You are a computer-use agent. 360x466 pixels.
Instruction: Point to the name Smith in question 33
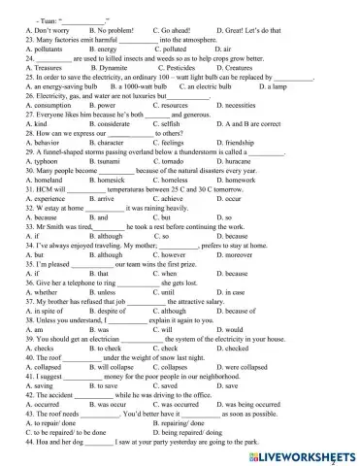(x=61, y=224)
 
